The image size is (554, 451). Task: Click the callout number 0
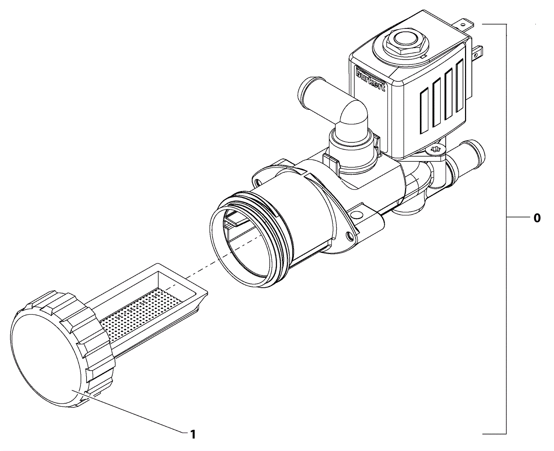click(x=537, y=218)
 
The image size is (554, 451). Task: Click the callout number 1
click(x=193, y=434)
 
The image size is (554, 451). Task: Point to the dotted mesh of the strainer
click(x=142, y=315)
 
